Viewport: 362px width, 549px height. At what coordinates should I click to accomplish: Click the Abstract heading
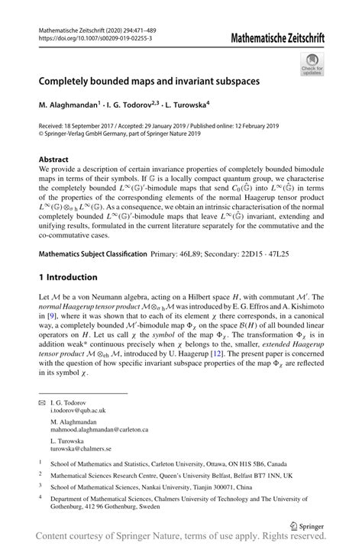point(56,160)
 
